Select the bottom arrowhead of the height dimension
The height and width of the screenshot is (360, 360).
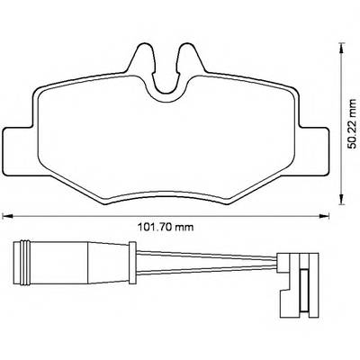click(341, 200)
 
